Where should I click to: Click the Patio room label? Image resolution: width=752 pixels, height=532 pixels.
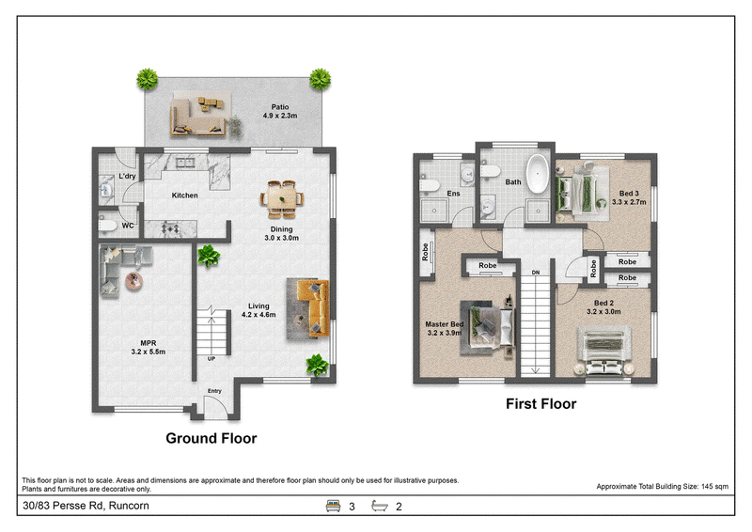(x=280, y=107)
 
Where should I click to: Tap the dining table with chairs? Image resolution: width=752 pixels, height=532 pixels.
(x=282, y=199)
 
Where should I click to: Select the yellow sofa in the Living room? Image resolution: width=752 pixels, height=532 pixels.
(x=314, y=307)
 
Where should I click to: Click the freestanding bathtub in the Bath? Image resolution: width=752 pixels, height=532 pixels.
(x=538, y=173)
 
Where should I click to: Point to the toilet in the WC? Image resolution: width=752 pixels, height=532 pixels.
(x=107, y=226)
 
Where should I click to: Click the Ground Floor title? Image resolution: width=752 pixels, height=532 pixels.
(x=211, y=438)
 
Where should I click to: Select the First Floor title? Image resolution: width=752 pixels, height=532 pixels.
(x=541, y=404)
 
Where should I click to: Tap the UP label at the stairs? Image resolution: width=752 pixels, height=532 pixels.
(x=211, y=359)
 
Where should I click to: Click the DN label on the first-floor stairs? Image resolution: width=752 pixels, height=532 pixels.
(x=536, y=273)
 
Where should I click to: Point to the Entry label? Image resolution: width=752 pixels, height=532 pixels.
(x=214, y=391)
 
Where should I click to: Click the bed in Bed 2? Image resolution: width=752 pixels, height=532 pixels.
(x=603, y=351)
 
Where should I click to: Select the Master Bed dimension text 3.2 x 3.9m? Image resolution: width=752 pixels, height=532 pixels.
(x=445, y=333)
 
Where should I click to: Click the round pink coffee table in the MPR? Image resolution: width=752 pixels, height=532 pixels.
(x=133, y=281)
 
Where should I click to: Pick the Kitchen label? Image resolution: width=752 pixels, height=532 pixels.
(x=184, y=196)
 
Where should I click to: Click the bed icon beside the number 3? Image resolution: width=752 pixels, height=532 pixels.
(x=333, y=506)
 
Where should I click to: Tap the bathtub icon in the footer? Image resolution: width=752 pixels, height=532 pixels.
(x=380, y=506)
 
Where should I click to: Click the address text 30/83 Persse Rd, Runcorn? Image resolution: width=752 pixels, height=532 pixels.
(x=86, y=506)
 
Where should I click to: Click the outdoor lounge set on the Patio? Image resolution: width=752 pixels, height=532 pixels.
(x=197, y=117)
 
